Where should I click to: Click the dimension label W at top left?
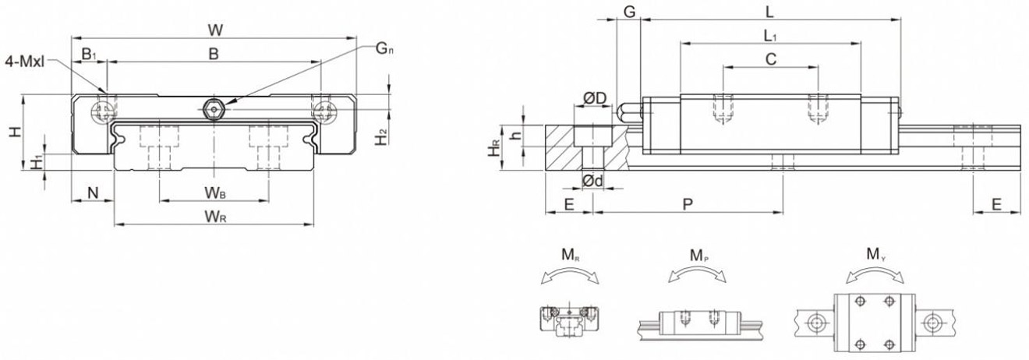point(216,30)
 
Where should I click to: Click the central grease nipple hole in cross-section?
point(213,110)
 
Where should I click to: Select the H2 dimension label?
point(380,137)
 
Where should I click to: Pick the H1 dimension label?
point(36,162)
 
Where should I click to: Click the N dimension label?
point(92,192)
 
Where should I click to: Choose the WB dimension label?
point(216,192)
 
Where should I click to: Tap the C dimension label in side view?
point(770,58)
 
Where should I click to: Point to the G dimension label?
point(628,11)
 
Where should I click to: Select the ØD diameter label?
point(595,98)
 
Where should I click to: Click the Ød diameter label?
point(593,182)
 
